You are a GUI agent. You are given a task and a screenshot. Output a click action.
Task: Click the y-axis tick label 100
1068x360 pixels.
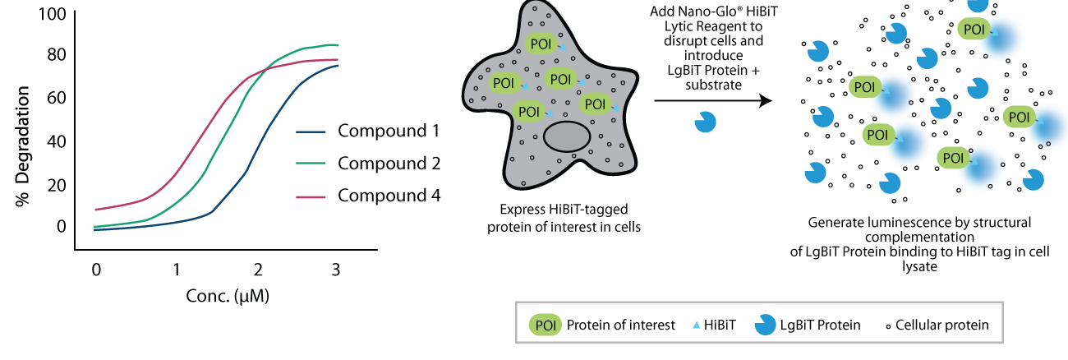click(x=53, y=14)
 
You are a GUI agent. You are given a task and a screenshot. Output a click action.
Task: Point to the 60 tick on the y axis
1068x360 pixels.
click(x=57, y=98)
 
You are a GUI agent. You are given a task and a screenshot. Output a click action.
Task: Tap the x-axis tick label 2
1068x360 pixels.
click(x=258, y=270)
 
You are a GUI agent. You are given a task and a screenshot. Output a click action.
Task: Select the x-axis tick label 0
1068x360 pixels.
click(x=96, y=270)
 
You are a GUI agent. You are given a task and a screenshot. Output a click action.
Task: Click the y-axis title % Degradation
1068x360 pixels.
click(x=22, y=146)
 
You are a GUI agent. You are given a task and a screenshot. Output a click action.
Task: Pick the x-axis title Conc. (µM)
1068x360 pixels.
click(x=228, y=296)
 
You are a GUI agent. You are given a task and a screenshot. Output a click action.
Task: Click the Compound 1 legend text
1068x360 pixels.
click(x=389, y=131)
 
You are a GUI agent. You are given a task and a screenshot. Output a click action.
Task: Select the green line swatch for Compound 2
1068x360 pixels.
click(x=311, y=164)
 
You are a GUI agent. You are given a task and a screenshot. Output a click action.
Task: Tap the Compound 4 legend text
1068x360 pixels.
click(x=389, y=196)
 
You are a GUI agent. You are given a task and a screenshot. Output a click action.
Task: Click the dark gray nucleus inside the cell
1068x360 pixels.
click(x=567, y=136)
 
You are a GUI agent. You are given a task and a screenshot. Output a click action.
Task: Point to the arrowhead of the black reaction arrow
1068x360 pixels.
click(x=766, y=100)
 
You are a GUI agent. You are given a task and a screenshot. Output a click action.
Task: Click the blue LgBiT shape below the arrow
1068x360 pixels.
click(x=705, y=122)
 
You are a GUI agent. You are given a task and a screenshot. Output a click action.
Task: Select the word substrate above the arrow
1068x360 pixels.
click(x=713, y=85)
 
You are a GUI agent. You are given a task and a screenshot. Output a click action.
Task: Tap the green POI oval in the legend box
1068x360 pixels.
click(x=546, y=325)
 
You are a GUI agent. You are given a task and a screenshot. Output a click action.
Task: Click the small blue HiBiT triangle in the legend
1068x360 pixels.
click(x=696, y=325)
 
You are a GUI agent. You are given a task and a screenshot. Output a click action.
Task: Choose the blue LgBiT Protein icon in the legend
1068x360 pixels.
click(x=765, y=325)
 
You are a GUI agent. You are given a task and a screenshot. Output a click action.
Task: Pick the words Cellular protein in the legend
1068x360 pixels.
click(x=942, y=325)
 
